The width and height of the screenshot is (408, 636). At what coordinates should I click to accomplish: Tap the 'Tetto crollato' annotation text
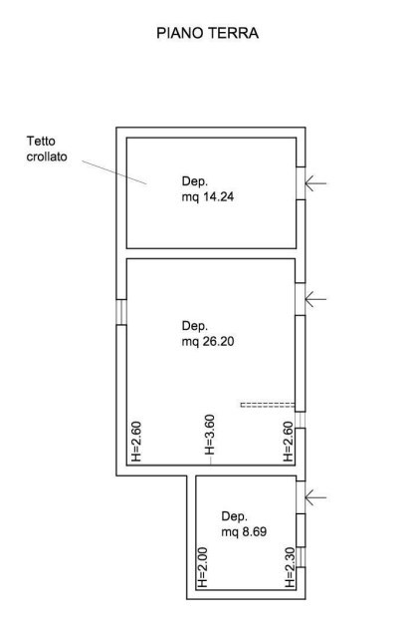[x=48, y=150]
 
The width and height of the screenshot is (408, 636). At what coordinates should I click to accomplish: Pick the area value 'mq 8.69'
[x=244, y=532]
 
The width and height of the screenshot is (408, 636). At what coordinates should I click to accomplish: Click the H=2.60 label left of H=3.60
[x=136, y=442]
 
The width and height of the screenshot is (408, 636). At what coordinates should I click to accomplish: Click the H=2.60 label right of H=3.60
[x=288, y=442]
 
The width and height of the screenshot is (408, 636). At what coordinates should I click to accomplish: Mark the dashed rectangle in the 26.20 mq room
[x=268, y=404]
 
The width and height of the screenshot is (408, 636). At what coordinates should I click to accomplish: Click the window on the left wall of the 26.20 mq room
[x=120, y=311]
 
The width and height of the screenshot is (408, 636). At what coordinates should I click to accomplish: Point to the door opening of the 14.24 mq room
[x=300, y=182]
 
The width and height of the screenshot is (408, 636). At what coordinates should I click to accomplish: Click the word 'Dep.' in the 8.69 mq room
[x=234, y=516]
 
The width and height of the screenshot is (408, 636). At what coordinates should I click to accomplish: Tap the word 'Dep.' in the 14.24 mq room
[x=194, y=181]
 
